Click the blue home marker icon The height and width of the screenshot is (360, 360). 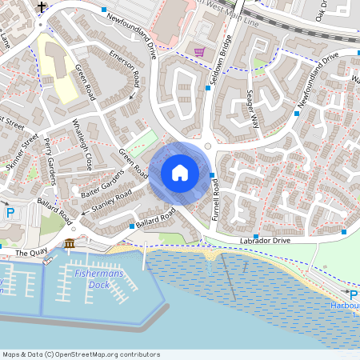(179, 173)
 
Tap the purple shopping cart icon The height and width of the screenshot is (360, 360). (199, 52)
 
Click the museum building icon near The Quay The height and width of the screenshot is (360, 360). (70, 242)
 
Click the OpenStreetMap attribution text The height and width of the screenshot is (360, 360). (81, 354)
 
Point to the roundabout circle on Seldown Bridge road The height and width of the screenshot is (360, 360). (208, 146)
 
